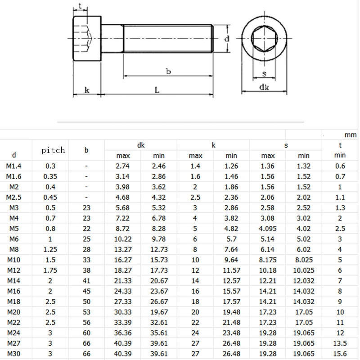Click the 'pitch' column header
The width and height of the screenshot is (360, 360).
coord(53,150)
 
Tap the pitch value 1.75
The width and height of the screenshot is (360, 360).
coord(50,270)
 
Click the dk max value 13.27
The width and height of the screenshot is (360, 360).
coord(123,249)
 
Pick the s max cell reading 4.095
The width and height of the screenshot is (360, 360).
coord(268,228)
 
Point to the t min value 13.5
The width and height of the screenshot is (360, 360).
coord(340,343)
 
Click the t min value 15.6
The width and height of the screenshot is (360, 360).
coord(340,354)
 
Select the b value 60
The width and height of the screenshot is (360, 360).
coord(86,333)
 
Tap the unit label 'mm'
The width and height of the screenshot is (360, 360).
coord(351,135)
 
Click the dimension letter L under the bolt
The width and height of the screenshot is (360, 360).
coord(157,90)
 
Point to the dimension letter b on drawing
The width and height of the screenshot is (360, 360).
coord(168,71)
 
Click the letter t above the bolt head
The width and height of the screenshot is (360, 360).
coord(80,6)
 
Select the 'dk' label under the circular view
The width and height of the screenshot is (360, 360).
coord(264,87)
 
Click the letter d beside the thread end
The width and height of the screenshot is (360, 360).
coord(227,39)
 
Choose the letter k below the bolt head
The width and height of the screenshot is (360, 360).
coord(87,90)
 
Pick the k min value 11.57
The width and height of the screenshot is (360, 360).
coord(231,270)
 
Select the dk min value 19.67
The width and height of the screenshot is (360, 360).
coord(159,312)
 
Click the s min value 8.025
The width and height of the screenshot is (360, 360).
coord(304,260)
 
